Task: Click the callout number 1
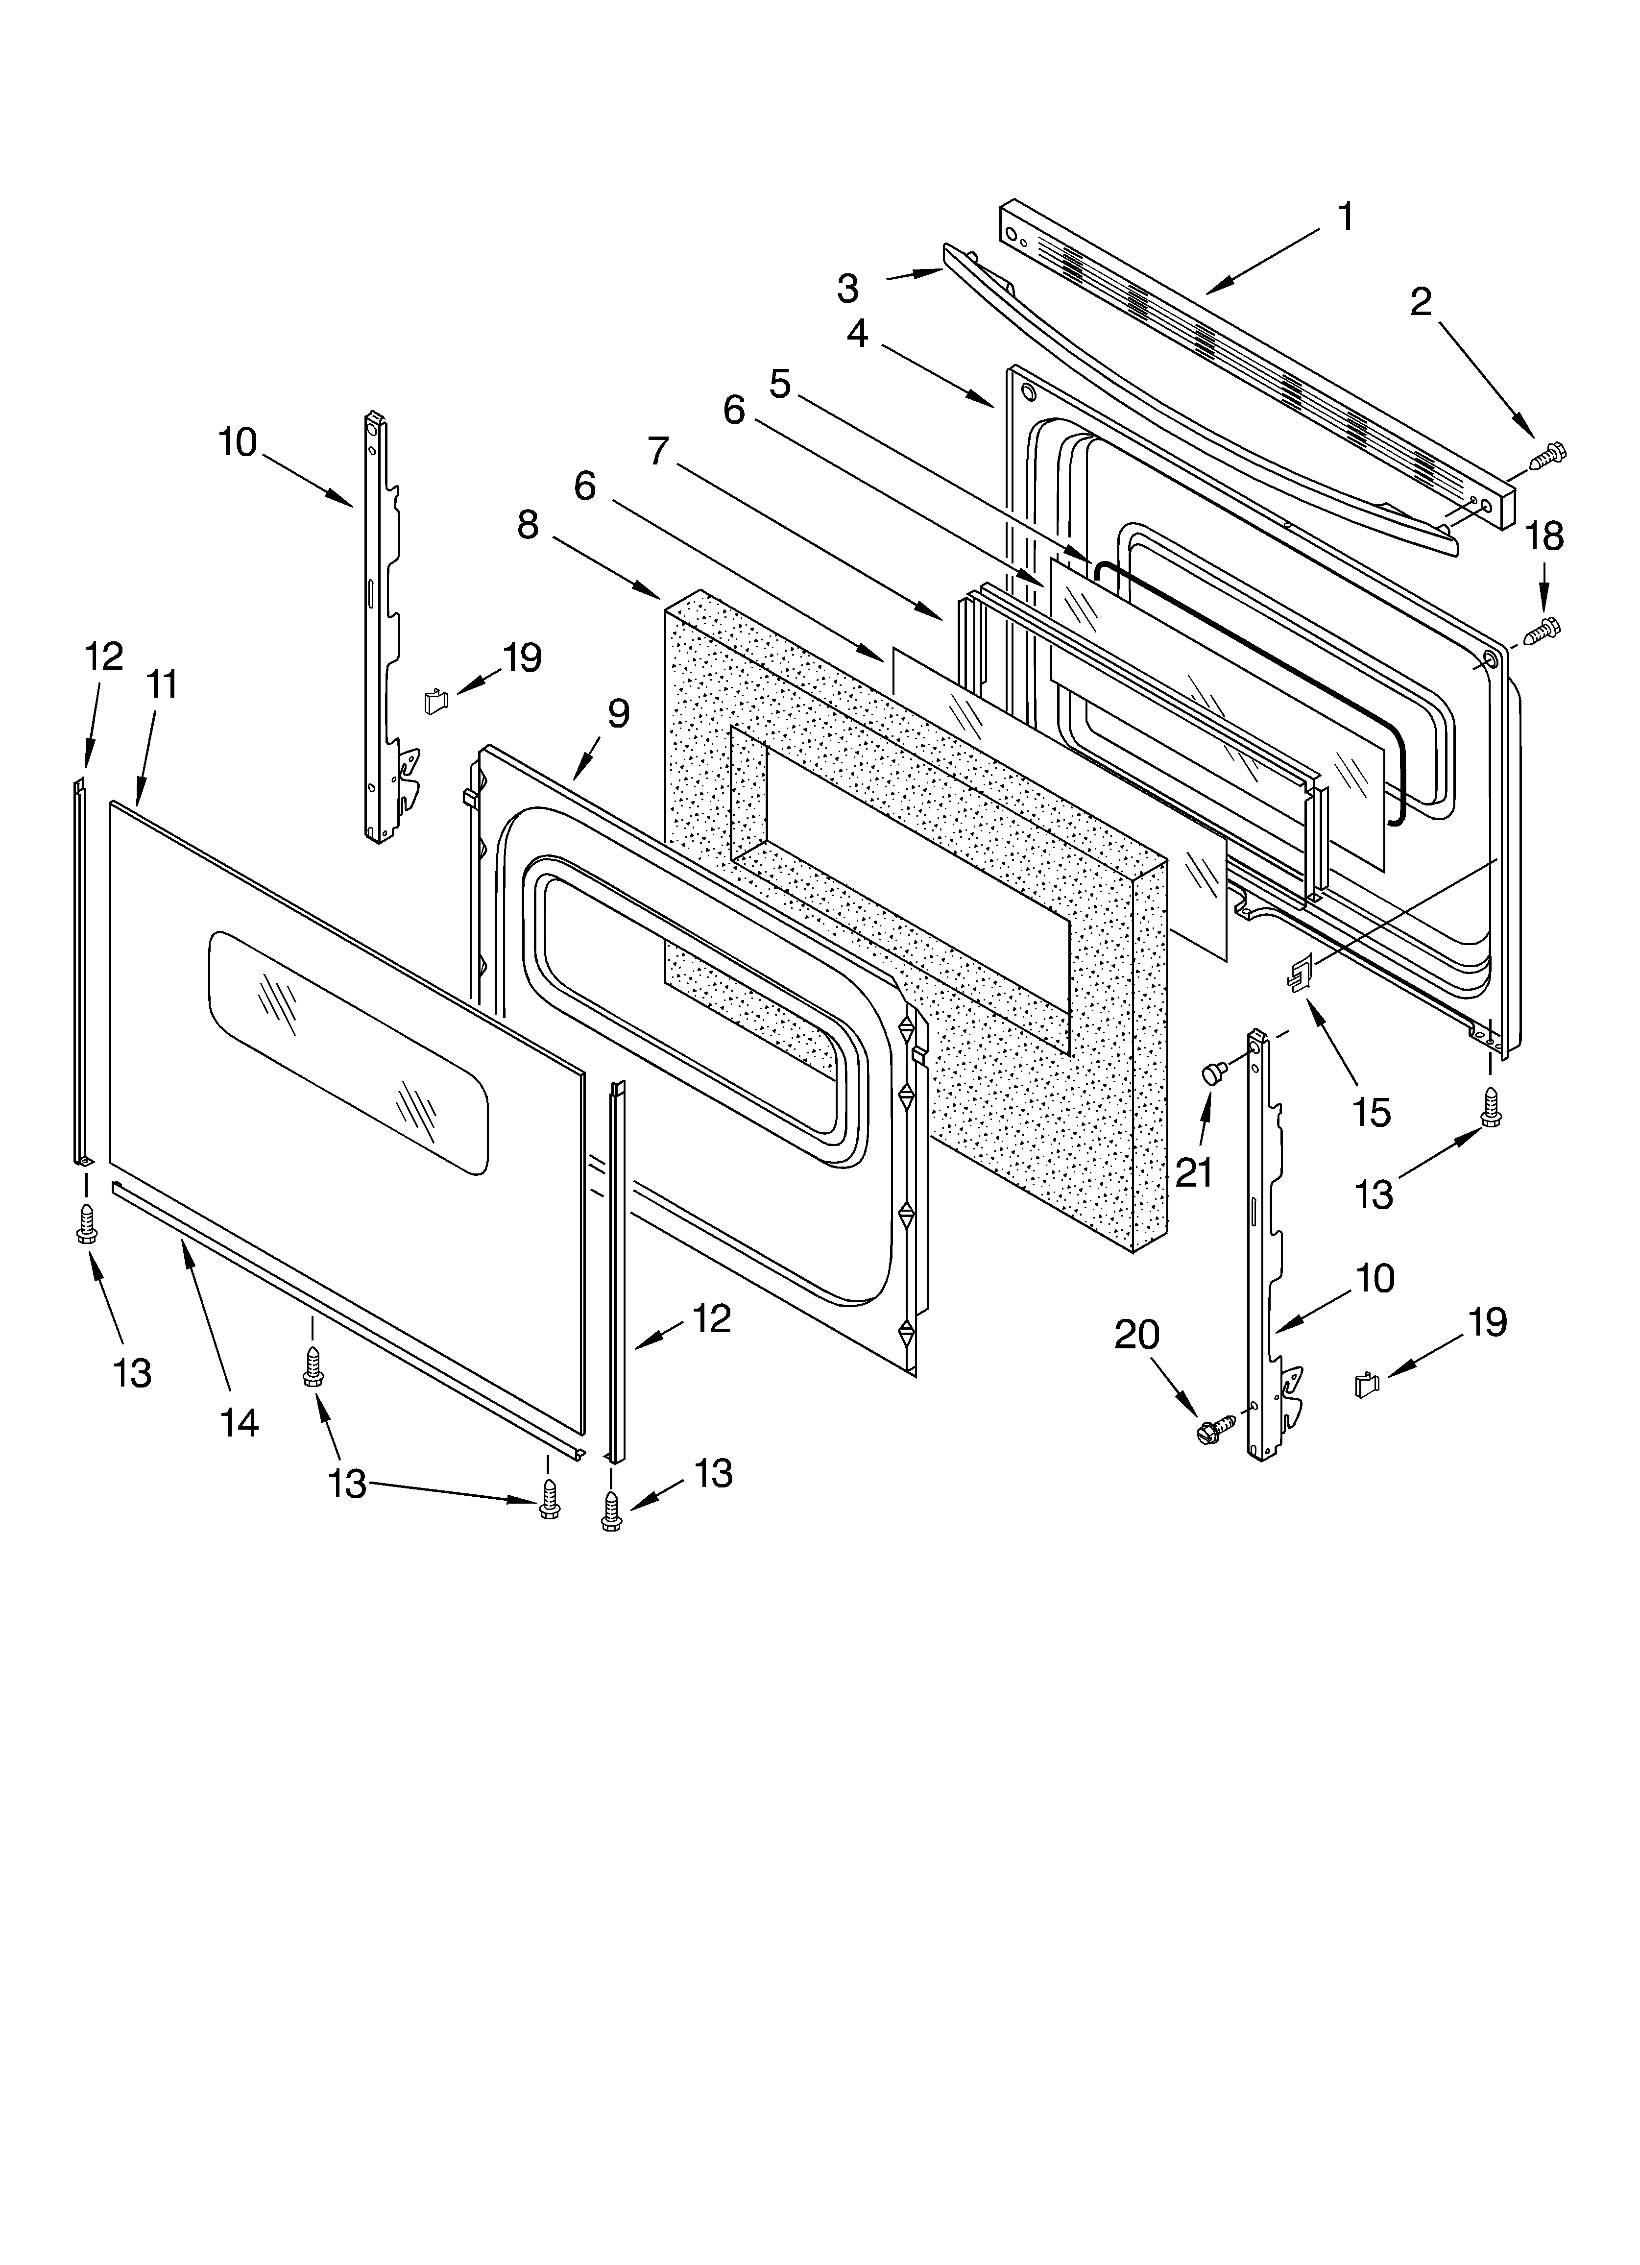1346,217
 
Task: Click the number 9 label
618,713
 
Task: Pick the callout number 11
162,685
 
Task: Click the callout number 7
657,451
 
